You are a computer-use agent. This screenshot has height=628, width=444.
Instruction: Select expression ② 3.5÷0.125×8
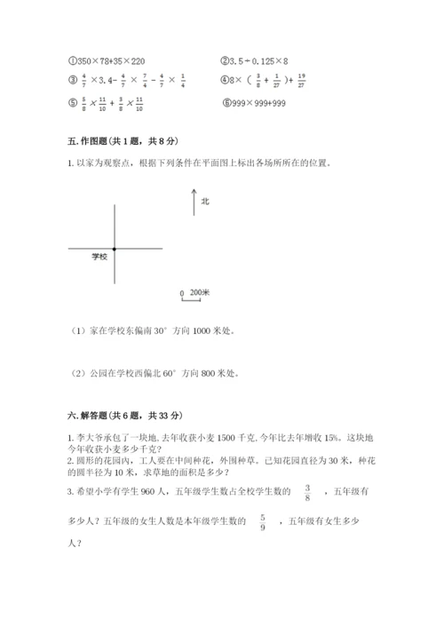click(x=258, y=60)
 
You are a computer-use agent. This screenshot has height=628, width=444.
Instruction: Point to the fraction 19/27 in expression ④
click(x=304, y=83)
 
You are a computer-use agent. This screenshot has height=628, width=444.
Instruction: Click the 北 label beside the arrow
click(x=205, y=202)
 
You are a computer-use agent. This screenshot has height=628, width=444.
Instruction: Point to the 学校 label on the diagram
click(x=99, y=256)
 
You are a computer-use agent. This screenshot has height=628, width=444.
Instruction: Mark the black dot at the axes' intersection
click(x=115, y=249)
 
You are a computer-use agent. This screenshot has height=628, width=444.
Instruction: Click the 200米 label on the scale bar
click(x=200, y=292)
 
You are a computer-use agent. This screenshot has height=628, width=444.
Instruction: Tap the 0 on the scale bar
click(x=181, y=293)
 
